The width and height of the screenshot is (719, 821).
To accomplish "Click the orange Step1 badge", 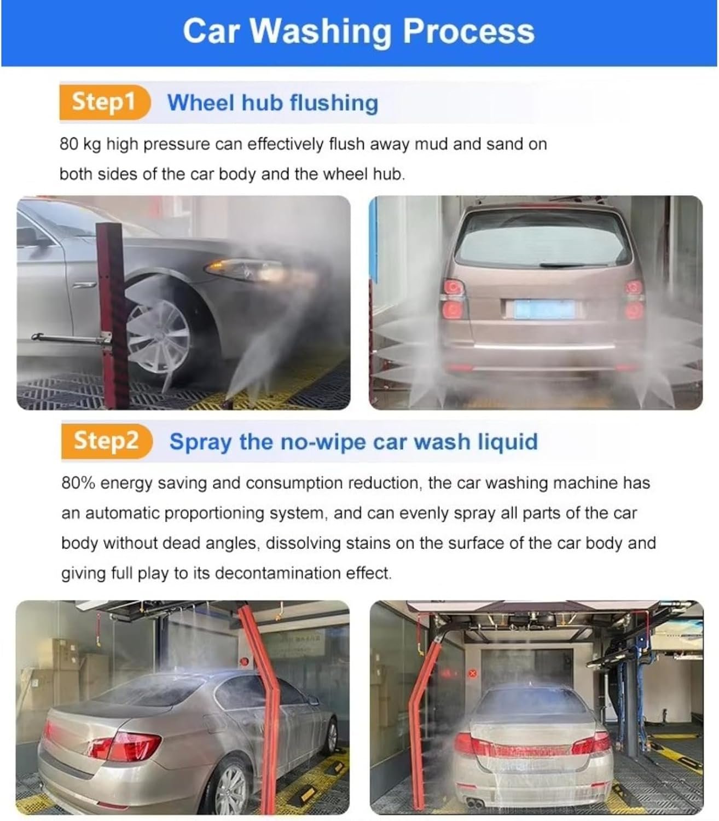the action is click(105, 102).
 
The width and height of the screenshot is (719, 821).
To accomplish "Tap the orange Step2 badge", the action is click(107, 441).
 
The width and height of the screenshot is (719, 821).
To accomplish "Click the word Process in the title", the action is click(469, 32).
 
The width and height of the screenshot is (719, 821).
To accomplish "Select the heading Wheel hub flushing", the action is click(272, 102).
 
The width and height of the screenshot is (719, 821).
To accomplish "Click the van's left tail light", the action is click(454, 299).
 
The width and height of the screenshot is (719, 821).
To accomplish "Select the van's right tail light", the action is click(634, 299).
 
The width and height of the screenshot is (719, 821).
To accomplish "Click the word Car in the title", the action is click(211, 32).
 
